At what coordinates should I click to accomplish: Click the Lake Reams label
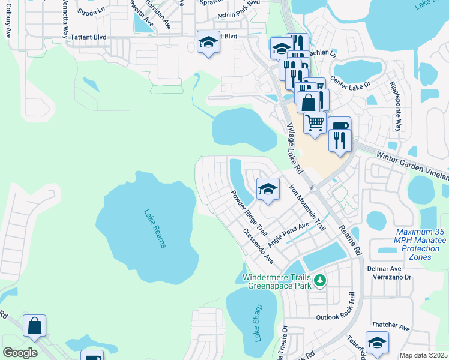(155, 229)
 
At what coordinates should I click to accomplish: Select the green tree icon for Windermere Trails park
(321, 280)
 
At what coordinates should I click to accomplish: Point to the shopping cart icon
(315, 123)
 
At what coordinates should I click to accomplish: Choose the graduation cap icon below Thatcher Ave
(377, 343)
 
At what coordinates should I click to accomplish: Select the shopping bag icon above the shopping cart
(309, 101)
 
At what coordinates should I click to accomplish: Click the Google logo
(20, 352)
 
